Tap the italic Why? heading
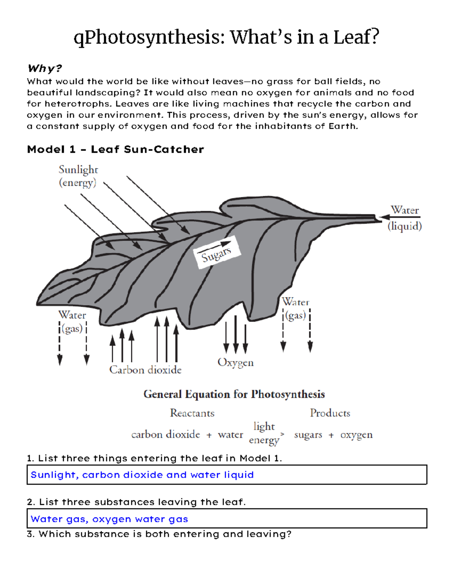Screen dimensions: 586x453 pos(45,69)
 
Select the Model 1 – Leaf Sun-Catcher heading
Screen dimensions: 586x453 pos(116,149)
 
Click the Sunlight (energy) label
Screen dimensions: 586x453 pos(78,176)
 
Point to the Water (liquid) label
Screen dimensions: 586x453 pos(405,218)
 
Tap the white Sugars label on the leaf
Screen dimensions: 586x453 pos(216,253)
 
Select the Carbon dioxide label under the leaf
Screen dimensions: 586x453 pos(145,370)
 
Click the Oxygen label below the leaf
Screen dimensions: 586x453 pos(236,363)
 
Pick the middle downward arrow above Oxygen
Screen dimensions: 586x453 pos(236,334)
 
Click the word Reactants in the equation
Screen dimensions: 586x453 pos(192,413)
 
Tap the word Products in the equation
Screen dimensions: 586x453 pos(330,413)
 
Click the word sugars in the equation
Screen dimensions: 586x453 pos(308,435)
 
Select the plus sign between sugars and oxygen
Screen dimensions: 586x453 pos(331,435)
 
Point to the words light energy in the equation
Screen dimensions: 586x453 pos(264,433)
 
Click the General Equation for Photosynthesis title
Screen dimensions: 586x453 pos(234,394)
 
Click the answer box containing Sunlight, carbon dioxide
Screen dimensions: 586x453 pos(226,475)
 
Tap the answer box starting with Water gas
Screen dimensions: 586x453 pos(226,519)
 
